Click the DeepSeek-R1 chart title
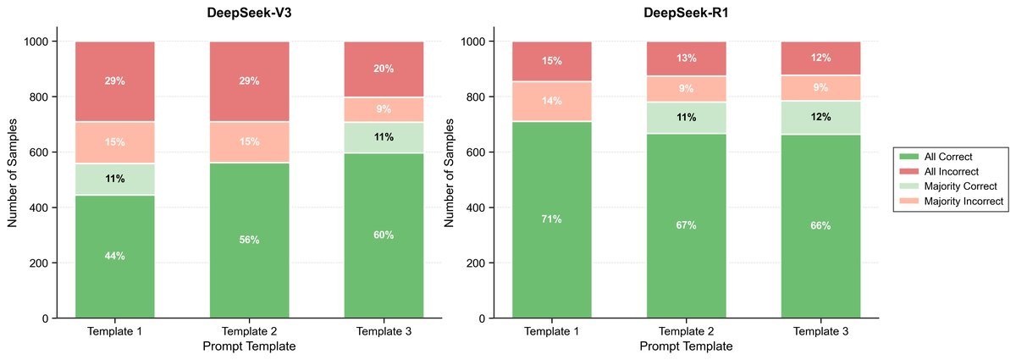[686, 13]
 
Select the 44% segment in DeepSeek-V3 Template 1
[115, 256]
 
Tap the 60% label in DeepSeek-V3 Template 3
[384, 235]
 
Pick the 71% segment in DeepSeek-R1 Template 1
[551, 219]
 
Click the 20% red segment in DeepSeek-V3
[384, 69]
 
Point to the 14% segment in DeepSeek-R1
[551, 101]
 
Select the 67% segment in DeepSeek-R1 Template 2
[686, 225]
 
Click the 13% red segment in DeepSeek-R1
[686, 58]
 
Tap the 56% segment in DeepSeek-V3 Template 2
[249, 240]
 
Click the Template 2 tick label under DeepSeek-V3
[249, 331]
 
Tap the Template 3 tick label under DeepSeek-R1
[820, 331]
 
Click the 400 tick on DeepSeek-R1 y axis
[477, 208]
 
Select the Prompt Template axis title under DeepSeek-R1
[686, 346]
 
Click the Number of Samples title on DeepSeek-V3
[13, 180]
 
